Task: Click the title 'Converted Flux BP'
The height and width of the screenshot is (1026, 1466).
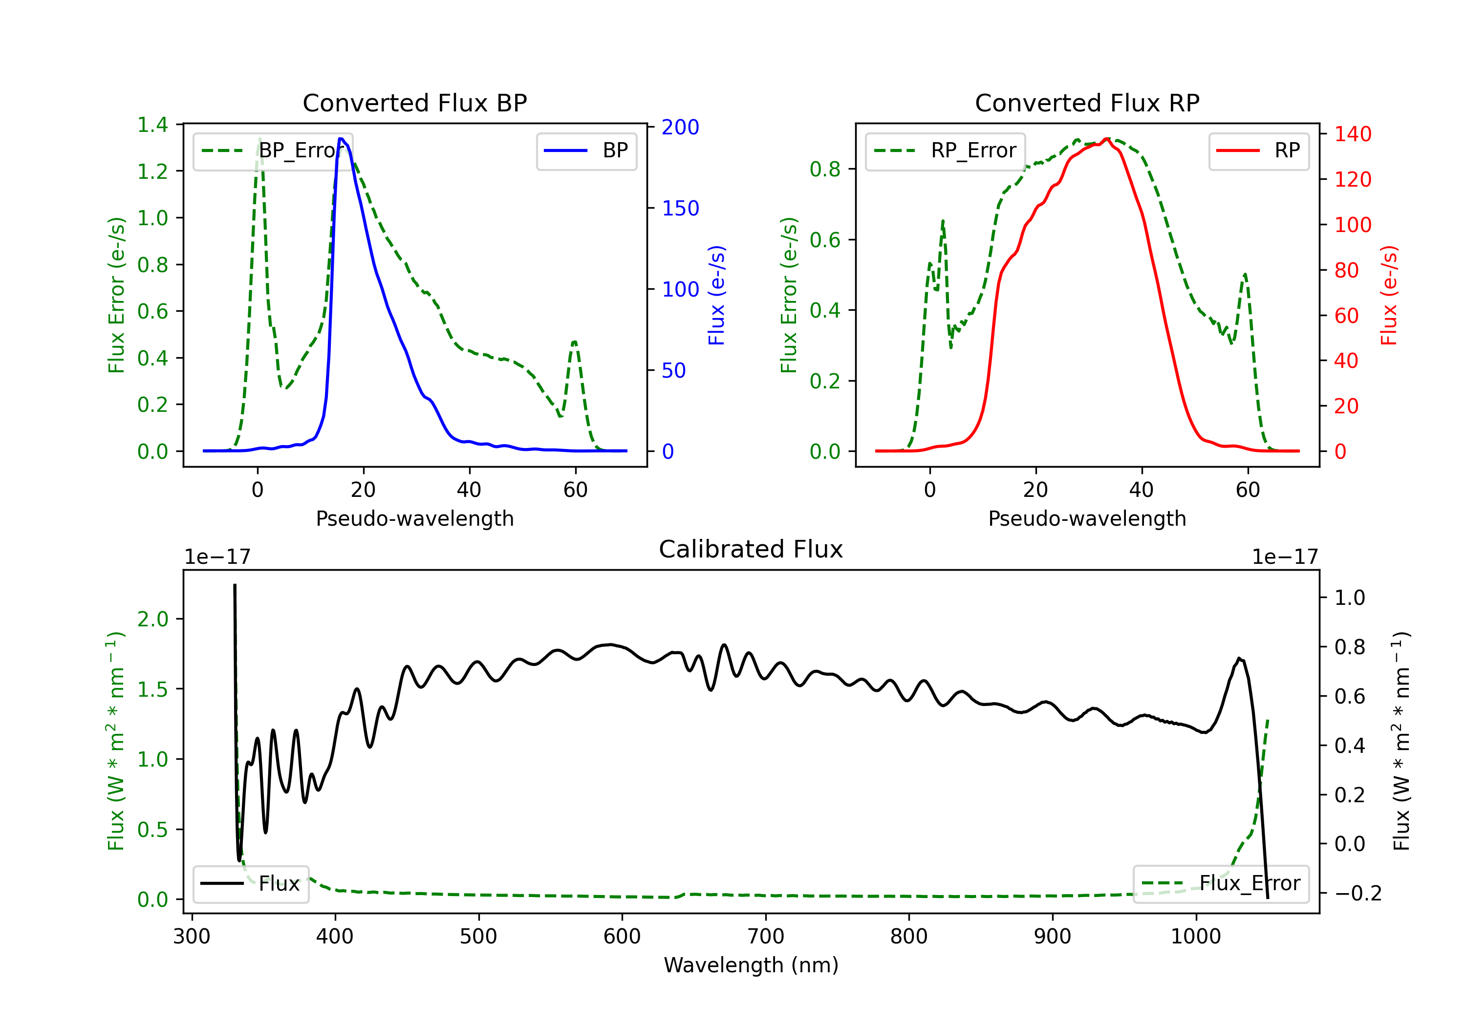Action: tap(414, 103)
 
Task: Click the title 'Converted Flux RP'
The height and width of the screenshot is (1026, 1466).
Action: tap(1087, 103)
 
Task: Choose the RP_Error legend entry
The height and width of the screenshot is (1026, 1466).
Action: tap(946, 150)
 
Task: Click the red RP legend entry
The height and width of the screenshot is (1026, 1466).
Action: tap(1258, 150)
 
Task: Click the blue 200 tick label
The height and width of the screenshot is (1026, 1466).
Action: tap(680, 127)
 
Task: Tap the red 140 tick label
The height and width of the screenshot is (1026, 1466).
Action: tap(1352, 134)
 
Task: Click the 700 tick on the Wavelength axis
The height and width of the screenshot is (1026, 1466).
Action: tap(766, 936)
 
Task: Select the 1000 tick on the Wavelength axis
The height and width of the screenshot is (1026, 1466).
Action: tap(1195, 936)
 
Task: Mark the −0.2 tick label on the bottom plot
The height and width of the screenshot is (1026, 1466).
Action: tap(1358, 893)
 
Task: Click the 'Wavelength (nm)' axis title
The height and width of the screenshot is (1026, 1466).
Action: tap(751, 965)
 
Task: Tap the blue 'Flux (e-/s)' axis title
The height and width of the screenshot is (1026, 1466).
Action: tap(716, 295)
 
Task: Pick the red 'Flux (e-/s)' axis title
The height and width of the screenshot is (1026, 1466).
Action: tap(1389, 295)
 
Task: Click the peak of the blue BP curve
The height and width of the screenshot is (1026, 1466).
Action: tap(341, 139)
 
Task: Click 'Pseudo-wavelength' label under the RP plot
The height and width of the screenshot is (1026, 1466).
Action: tap(1087, 518)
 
